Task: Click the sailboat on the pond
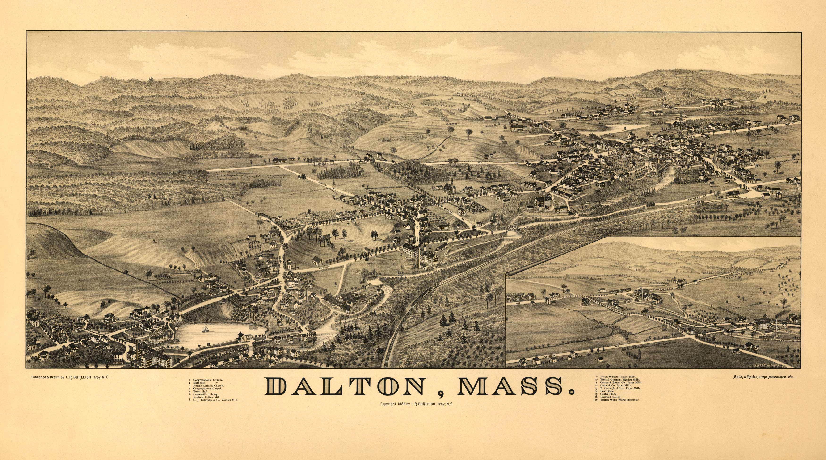(x=204, y=329)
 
